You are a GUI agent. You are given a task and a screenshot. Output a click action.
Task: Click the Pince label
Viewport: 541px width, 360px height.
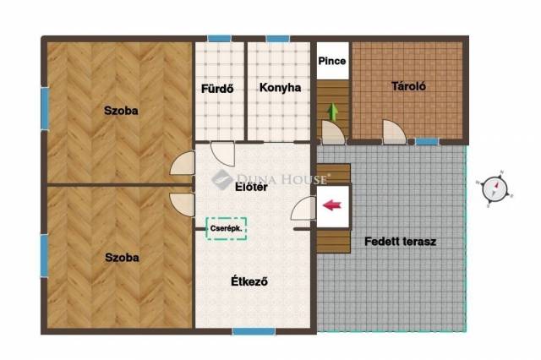tap(332, 61)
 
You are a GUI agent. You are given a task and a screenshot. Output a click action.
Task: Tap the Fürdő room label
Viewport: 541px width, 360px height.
tap(217, 89)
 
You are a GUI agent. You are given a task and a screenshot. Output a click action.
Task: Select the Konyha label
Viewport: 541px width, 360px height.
tap(280, 88)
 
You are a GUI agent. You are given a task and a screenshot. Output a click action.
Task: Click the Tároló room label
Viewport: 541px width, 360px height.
tap(408, 86)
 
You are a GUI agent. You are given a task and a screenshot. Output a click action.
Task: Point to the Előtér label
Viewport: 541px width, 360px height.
tap(251, 187)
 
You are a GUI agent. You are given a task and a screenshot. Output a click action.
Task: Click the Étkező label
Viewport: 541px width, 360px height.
tap(249, 281)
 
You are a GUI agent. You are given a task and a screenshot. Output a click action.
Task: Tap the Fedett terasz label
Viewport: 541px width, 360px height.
tap(400, 242)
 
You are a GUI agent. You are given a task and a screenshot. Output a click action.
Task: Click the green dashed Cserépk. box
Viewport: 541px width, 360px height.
tap(227, 228)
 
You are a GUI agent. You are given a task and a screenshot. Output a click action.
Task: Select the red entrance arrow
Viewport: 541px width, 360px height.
tap(332, 205)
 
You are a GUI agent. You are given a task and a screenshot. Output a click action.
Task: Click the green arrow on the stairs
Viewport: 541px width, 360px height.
tap(333, 112)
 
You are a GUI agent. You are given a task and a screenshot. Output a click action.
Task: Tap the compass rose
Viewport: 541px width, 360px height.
tap(495, 189)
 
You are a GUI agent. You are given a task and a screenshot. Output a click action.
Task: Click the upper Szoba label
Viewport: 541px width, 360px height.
tap(121, 111)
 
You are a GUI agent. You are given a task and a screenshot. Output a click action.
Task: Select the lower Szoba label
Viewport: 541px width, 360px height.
tap(122, 258)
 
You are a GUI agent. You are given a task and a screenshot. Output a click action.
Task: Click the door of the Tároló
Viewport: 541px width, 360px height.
tap(394, 132)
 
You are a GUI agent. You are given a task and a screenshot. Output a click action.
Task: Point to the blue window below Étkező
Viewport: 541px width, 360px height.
tap(254, 331)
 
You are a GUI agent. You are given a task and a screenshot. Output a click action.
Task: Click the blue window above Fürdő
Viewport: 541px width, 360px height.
tap(220, 38)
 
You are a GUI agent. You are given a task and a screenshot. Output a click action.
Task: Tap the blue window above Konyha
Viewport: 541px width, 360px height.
tap(278, 38)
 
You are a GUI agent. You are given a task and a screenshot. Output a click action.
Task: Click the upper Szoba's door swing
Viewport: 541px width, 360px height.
tap(183, 163)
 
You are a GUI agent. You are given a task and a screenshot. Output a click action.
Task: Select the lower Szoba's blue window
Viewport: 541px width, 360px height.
tap(45, 255)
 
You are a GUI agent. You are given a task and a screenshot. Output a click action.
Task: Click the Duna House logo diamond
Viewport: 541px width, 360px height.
tap(221, 179)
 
